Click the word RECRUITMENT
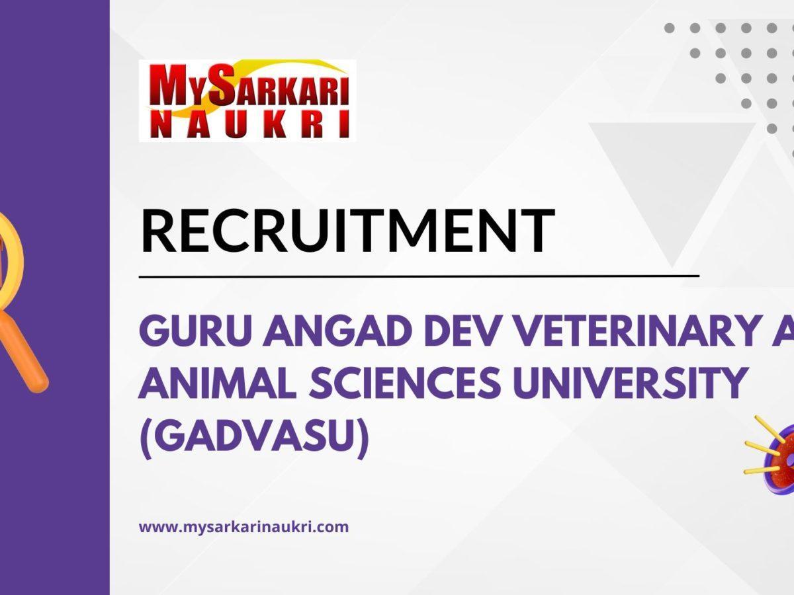[x=347, y=231]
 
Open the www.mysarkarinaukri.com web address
[x=243, y=528]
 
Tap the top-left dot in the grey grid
[x=669, y=28]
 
